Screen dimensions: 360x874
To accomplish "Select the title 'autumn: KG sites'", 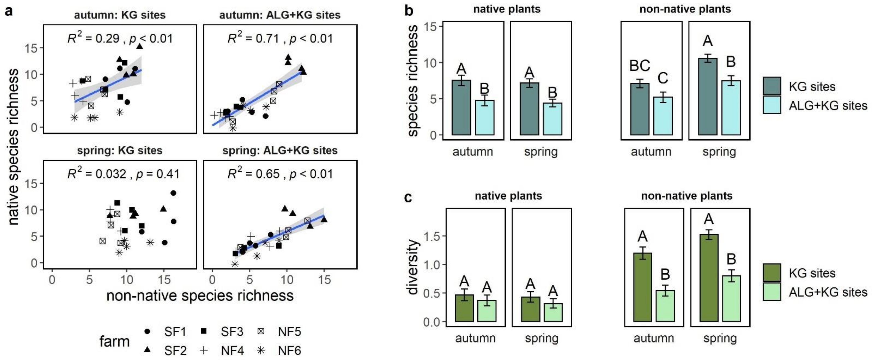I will coord(120,15).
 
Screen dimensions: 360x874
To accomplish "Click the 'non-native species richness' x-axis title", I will coord(200,295).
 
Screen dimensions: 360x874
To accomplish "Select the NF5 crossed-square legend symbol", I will coord(261,331).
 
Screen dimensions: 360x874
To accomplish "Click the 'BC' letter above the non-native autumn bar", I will coord(640,66).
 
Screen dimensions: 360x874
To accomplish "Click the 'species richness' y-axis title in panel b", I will coord(413,81).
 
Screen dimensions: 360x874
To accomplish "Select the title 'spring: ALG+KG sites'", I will coord(280,150).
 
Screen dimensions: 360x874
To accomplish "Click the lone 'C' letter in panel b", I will coord(663,78).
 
